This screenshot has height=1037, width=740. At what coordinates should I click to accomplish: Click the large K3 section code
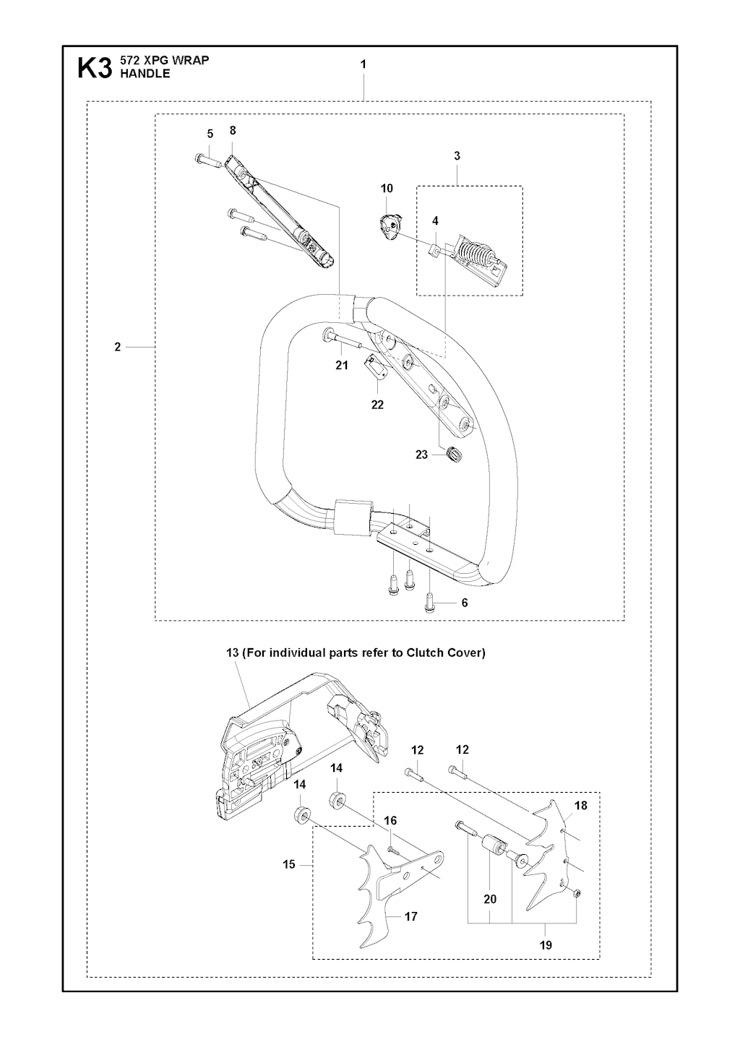click(x=95, y=69)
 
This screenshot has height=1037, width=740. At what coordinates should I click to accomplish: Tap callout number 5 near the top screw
click(x=210, y=134)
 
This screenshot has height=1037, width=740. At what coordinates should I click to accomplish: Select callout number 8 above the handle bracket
click(x=233, y=131)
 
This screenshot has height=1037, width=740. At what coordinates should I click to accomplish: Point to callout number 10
click(x=387, y=189)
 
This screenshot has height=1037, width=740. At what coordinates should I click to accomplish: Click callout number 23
click(x=421, y=455)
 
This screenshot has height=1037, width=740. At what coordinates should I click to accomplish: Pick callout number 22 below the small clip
click(x=377, y=405)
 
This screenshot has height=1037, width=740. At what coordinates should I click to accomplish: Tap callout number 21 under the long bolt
click(x=342, y=366)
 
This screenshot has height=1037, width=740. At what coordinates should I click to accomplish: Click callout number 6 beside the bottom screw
click(x=465, y=603)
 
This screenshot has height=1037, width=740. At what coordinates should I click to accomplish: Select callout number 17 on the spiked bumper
click(x=410, y=916)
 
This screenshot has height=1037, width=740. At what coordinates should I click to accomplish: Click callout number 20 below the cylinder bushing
click(x=490, y=899)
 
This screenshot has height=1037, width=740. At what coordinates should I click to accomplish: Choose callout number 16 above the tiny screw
click(x=390, y=821)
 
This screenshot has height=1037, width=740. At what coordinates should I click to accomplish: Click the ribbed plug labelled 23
click(x=455, y=454)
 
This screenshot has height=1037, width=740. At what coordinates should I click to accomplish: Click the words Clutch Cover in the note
click(x=445, y=653)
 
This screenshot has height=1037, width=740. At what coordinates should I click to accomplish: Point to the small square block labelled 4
click(x=434, y=251)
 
